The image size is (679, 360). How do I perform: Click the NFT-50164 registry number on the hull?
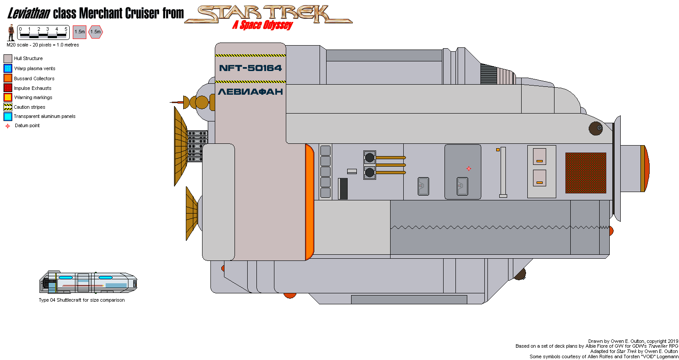tap(250, 68)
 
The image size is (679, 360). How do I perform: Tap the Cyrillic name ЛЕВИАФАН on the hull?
tap(250, 92)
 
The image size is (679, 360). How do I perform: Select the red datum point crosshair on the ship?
tap(469, 168)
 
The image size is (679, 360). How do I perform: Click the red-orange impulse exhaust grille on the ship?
tap(586, 173)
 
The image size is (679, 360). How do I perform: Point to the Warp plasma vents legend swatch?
tap(8, 68)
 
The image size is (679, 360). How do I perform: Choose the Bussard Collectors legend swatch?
tap(8, 78)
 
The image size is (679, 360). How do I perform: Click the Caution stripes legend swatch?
tap(8, 107)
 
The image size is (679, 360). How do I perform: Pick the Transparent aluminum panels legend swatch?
tap(8, 117)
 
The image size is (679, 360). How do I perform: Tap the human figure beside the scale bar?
tap(11, 33)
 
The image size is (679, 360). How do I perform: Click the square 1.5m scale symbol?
tap(79, 32)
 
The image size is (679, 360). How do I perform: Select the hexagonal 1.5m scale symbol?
tap(96, 32)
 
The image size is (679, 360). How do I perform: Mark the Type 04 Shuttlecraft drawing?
tap(88, 283)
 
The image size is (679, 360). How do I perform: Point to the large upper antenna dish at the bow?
tap(180, 146)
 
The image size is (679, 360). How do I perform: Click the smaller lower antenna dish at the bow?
tap(192, 213)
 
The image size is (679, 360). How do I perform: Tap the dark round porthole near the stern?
tap(595, 128)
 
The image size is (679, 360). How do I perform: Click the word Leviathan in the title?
tap(28, 14)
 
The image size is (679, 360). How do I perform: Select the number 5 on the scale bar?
tap(66, 29)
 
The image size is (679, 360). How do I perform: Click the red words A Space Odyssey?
tap(262, 25)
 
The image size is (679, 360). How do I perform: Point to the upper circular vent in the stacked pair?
tap(370, 157)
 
